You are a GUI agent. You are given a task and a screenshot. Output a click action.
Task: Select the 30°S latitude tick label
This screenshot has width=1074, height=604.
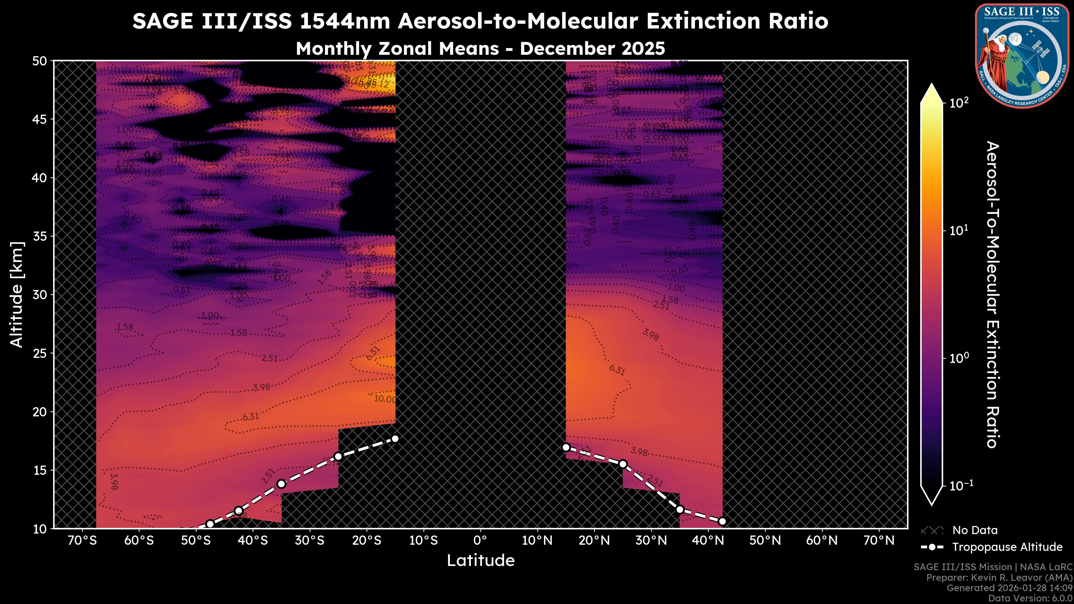309,541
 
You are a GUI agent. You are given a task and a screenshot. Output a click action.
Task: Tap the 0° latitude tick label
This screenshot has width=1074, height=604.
480,541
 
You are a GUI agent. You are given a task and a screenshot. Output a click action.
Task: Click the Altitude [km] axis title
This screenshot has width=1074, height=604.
17,294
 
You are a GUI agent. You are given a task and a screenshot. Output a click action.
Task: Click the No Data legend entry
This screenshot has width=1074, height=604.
975,530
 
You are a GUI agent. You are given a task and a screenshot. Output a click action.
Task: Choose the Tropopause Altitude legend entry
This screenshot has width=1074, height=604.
1007,547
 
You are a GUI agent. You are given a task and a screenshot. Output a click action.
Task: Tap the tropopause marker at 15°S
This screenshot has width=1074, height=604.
395,438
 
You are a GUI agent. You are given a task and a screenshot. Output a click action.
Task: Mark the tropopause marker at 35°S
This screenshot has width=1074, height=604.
281,484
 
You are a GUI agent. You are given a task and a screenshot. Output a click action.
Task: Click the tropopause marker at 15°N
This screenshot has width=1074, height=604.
566,447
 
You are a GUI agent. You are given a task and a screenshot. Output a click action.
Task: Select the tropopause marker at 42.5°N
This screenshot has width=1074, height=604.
722,522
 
